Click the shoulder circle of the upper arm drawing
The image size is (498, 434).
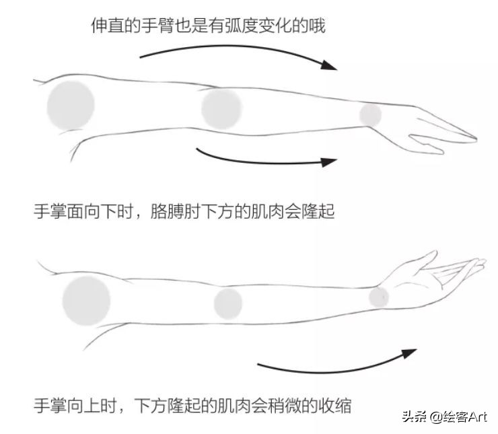point(71,106)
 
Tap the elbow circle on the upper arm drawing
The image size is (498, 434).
point(221,108)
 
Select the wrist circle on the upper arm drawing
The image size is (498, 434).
point(370,114)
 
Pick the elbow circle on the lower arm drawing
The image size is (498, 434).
point(228,303)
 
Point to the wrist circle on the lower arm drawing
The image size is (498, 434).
point(379,297)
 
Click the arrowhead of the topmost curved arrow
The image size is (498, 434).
point(328,65)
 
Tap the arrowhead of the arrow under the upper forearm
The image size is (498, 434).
point(329,161)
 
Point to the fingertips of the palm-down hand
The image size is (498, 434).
point(471,139)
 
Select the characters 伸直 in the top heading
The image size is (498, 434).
point(107,26)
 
